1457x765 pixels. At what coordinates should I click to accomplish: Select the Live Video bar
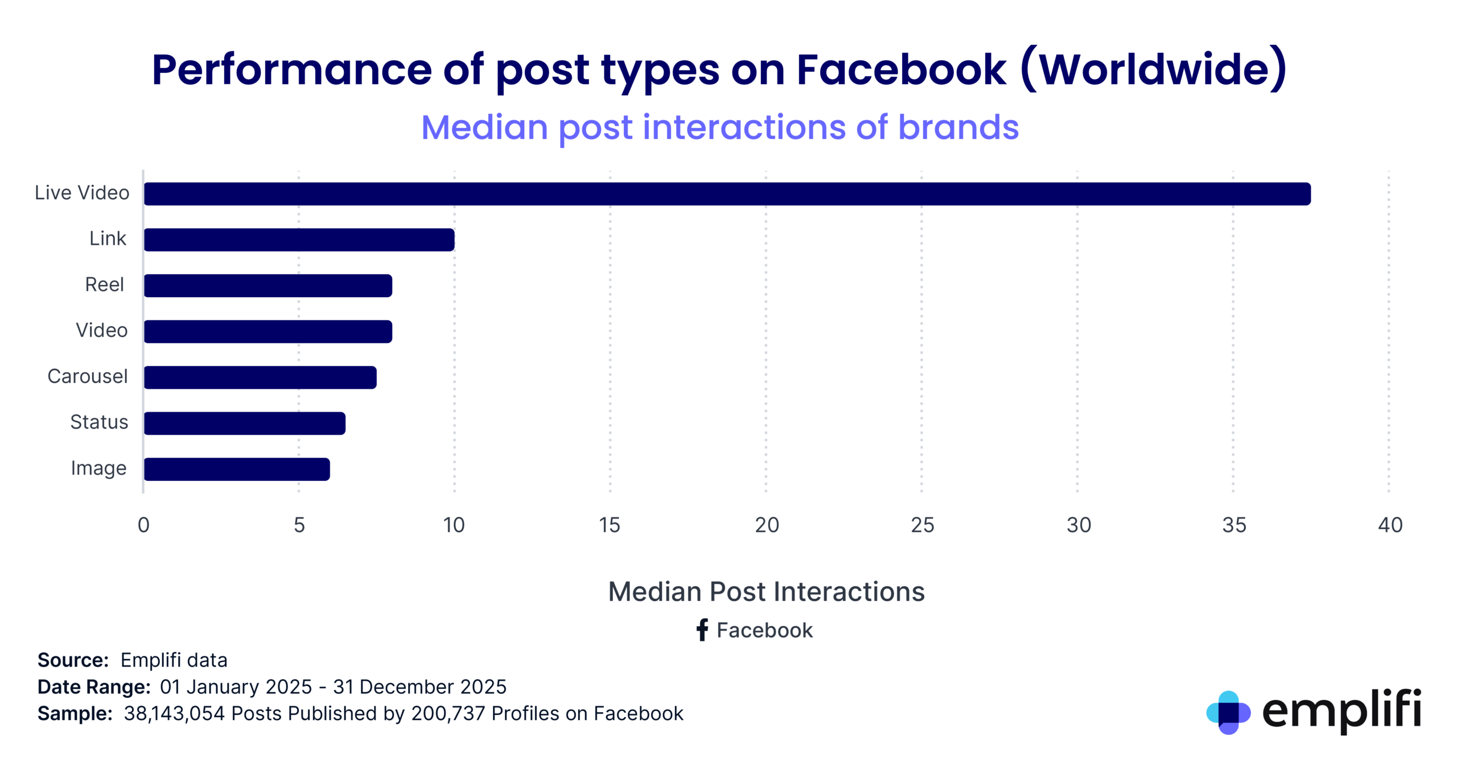click(x=727, y=194)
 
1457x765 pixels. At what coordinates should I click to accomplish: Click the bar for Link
click(x=299, y=240)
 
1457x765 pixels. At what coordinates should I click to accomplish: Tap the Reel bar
click(x=267, y=285)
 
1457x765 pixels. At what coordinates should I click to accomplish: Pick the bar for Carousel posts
click(x=260, y=377)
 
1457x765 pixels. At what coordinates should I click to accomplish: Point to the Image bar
click(x=237, y=469)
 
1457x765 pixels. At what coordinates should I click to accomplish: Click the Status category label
click(x=99, y=422)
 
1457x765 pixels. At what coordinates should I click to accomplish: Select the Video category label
click(x=101, y=330)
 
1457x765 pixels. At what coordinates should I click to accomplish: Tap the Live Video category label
click(x=82, y=192)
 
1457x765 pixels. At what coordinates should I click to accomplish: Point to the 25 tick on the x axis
click(x=922, y=525)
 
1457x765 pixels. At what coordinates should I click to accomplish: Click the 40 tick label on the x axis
click(x=1390, y=525)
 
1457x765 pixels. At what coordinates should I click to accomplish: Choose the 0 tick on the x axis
click(x=143, y=525)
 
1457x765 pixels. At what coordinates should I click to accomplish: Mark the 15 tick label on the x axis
click(x=609, y=525)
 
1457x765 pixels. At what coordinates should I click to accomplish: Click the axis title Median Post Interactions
click(x=766, y=591)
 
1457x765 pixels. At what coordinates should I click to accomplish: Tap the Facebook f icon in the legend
click(x=702, y=630)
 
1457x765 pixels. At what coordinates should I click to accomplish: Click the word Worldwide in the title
click(x=1154, y=70)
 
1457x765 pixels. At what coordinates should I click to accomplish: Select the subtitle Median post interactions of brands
click(x=719, y=127)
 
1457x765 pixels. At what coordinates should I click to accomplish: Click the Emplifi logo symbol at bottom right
click(x=1228, y=712)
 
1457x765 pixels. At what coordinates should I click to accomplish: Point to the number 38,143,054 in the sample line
click(x=174, y=713)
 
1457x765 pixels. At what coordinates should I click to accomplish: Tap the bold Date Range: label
click(x=94, y=686)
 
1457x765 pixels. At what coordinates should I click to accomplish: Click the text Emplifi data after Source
click(x=174, y=660)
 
